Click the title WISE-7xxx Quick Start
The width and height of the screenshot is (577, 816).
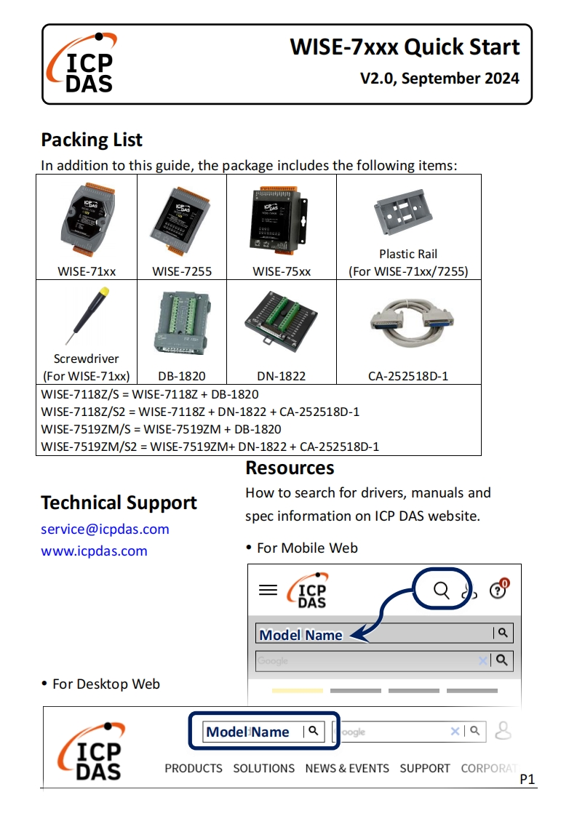(405, 47)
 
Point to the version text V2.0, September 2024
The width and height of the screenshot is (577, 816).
(439, 79)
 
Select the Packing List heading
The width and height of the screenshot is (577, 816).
(92, 140)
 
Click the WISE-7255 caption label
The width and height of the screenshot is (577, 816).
(182, 272)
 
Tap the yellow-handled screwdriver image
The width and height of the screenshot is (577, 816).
(86, 314)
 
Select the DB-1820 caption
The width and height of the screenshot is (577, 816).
(182, 376)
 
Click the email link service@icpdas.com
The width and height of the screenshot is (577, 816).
(105, 529)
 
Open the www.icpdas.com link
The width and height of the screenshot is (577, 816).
(94, 551)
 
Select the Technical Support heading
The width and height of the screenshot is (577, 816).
(119, 503)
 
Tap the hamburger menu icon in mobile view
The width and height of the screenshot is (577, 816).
(268, 590)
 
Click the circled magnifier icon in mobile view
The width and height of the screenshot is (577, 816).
(442, 590)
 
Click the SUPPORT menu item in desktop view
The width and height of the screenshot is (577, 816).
(425, 768)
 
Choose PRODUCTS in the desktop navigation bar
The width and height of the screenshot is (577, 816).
(194, 768)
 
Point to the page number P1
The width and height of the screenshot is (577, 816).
(528, 780)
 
